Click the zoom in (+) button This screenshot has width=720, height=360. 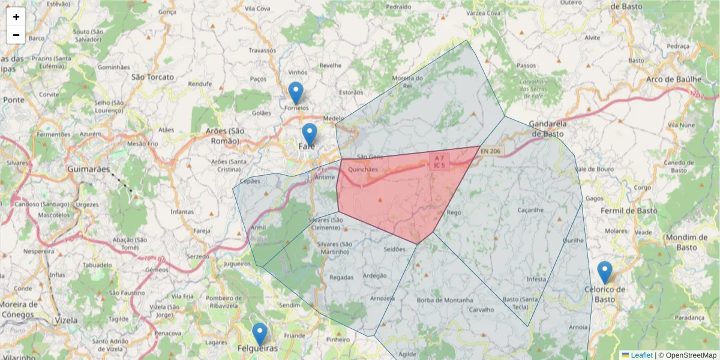16,17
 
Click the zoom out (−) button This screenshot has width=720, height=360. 16,35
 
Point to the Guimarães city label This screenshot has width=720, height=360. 88,170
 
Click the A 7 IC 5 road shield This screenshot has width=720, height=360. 440,161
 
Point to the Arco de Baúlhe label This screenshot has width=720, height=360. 674,79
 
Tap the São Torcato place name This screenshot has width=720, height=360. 152,77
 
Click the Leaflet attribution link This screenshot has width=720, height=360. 641,355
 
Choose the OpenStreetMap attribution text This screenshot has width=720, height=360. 691,355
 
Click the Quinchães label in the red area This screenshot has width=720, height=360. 363,169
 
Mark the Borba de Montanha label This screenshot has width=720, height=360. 445,300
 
